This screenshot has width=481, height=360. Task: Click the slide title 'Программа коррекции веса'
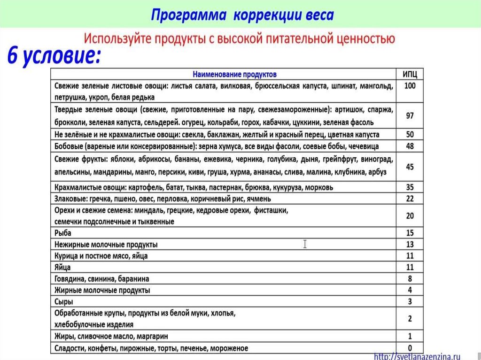coord(242,15)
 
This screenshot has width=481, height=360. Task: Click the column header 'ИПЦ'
coord(410,74)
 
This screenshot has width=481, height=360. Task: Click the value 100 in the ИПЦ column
coord(410,86)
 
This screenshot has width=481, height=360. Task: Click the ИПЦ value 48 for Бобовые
coord(410,146)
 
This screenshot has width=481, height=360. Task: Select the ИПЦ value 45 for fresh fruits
coord(410,167)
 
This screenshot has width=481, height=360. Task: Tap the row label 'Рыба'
coord(63,233)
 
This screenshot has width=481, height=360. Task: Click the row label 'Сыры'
coord(64,302)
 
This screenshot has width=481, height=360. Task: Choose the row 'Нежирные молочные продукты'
coord(106,245)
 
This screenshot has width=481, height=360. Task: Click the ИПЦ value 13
coord(410,244)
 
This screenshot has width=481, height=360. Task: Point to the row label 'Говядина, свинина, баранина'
coord(102,279)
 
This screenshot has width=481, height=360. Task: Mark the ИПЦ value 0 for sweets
coord(410,348)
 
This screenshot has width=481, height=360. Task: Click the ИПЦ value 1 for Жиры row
coord(410,336)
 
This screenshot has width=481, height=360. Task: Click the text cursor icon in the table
coord(305,244)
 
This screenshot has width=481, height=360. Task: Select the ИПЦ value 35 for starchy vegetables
coord(410,187)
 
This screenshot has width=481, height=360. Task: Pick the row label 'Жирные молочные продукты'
coord(102,290)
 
